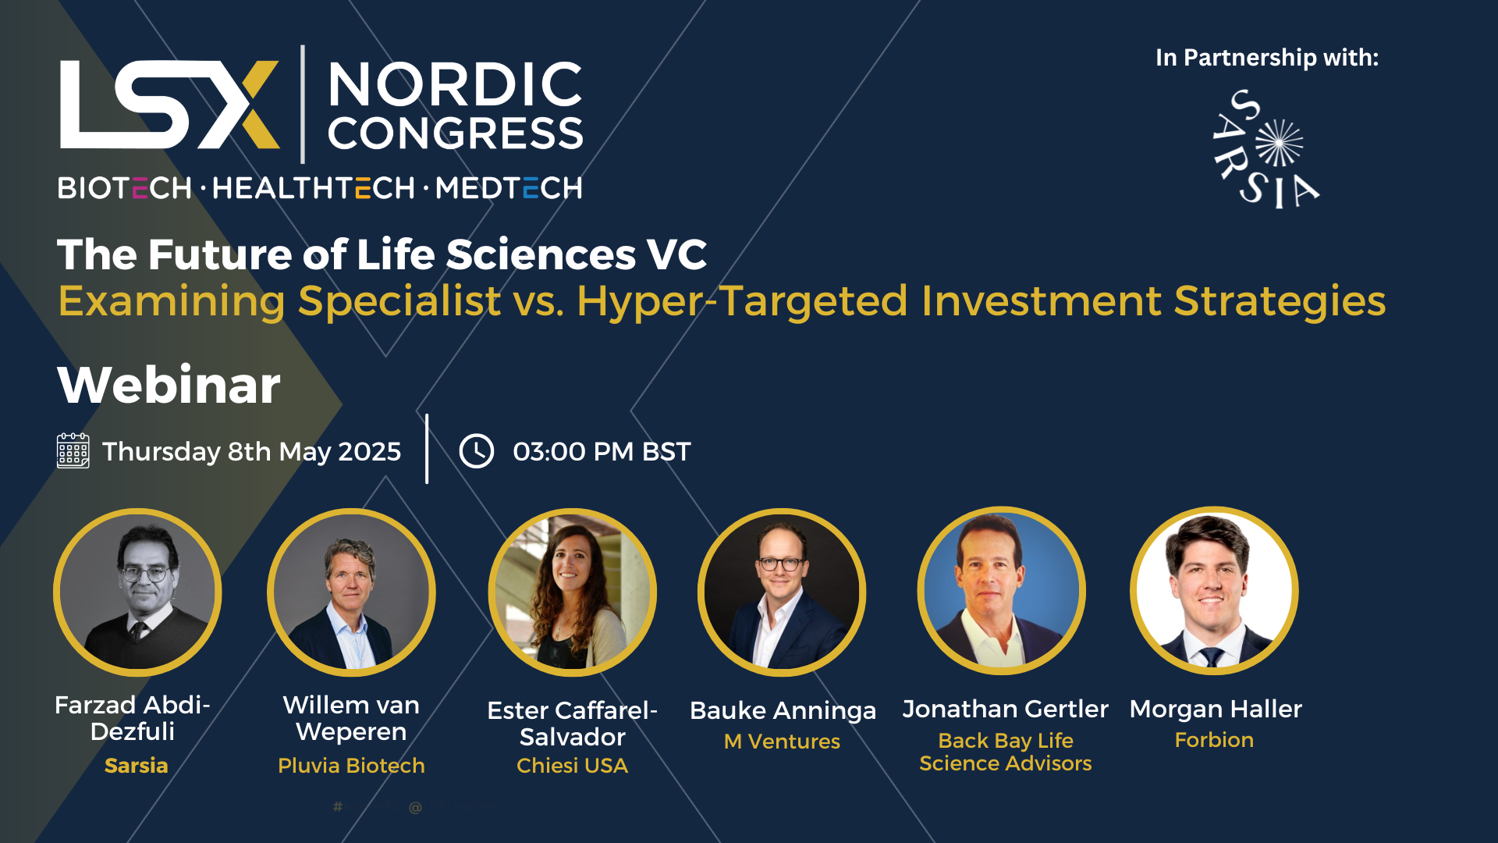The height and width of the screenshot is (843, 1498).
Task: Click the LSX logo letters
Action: (x=169, y=105)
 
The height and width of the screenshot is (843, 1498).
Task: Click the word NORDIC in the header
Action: (x=455, y=84)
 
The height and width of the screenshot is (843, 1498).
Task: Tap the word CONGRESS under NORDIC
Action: (x=455, y=133)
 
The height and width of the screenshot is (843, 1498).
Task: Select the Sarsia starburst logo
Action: (x=1265, y=148)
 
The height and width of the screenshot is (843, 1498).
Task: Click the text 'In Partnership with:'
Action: (x=1267, y=58)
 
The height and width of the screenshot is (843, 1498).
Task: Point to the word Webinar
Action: (x=169, y=385)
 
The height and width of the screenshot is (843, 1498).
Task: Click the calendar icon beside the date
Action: (x=73, y=451)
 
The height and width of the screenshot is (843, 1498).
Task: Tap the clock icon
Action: (x=476, y=451)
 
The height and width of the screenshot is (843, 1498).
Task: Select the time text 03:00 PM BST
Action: (x=602, y=451)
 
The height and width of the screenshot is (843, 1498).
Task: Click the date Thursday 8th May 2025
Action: (x=251, y=452)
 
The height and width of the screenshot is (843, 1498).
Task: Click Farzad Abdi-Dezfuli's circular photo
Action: (x=137, y=592)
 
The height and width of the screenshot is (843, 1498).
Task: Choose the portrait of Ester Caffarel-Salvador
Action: (x=573, y=592)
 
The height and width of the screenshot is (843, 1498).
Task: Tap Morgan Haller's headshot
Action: (x=1214, y=591)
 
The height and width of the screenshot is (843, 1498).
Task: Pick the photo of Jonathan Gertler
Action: (x=1002, y=591)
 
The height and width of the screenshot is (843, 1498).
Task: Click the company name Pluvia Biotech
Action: (x=351, y=766)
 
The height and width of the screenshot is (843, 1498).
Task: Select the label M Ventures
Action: (x=782, y=742)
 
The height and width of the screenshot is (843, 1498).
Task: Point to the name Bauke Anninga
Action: (x=783, y=711)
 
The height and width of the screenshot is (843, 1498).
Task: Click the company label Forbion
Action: (x=1214, y=740)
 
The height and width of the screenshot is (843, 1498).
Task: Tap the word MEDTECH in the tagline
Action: (x=509, y=188)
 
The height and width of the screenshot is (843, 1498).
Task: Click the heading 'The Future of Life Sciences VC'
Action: (x=382, y=254)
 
